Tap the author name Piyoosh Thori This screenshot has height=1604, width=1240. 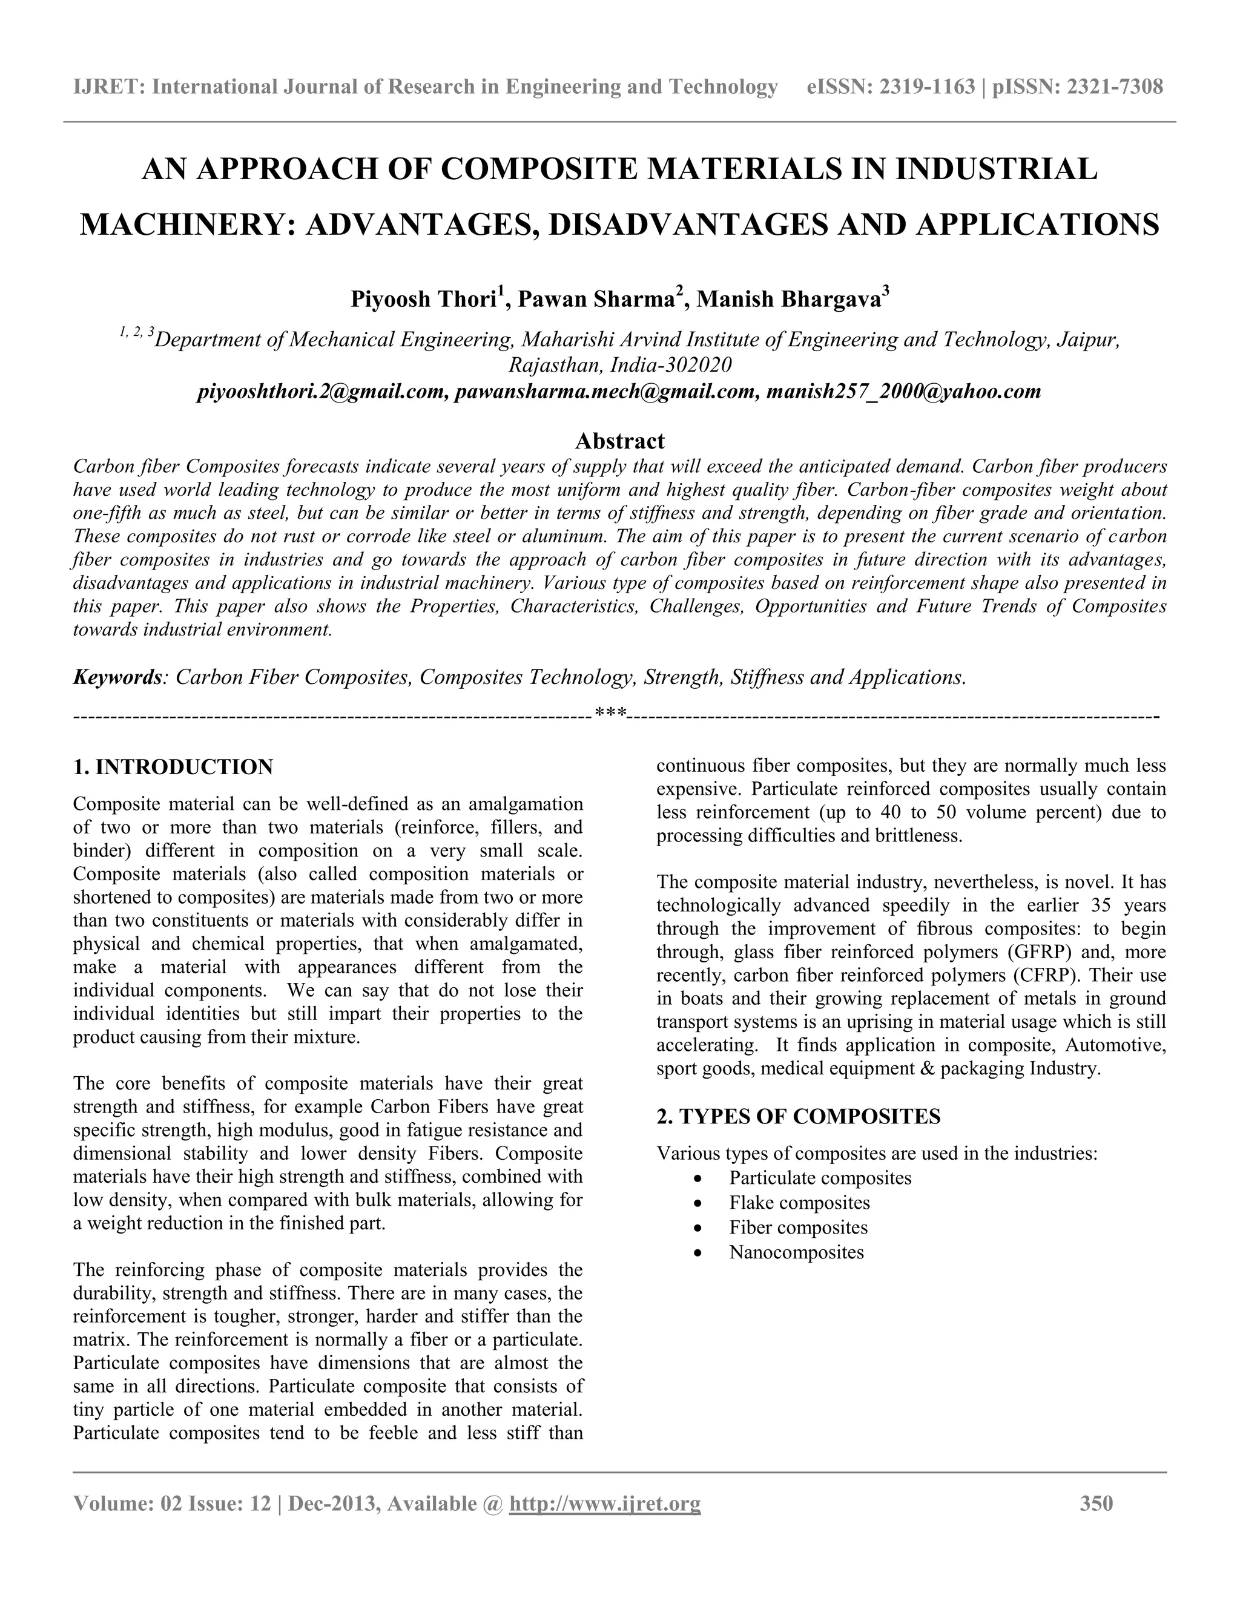[x=423, y=300]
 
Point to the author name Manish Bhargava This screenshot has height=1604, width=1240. [x=788, y=300]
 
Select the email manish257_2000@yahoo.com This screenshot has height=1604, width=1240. [x=903, y=392]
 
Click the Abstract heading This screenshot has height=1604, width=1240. [x=619, y=441]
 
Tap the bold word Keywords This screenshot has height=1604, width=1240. [x=117, y=677]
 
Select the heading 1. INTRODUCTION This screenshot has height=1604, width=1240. [x=173, y=767]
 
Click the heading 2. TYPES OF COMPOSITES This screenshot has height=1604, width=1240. [x=798, y=1117]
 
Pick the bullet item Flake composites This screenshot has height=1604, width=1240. [x=799, y=1203]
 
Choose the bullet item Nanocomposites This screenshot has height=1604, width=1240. [x=796, y=1252]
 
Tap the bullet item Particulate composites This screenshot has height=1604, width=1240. [x=820, y=1178]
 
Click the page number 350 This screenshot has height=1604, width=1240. [x=1096, y=1504]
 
